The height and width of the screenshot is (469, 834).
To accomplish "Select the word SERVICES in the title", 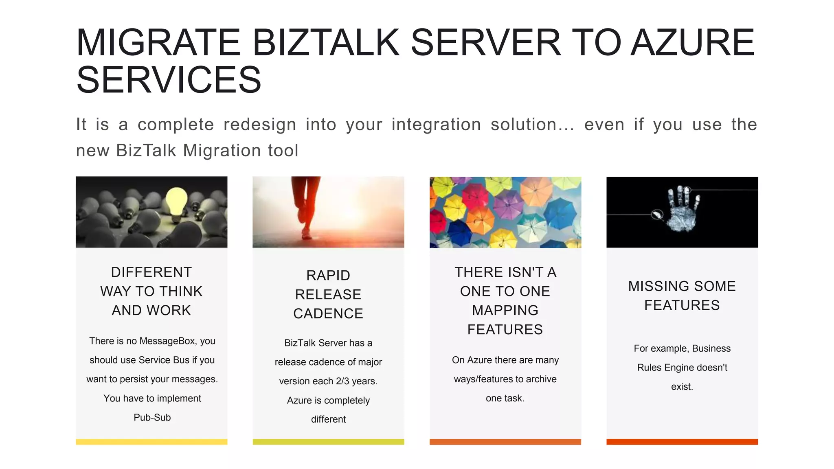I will click(169, 80).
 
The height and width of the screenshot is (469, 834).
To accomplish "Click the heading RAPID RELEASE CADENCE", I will click(328, 294).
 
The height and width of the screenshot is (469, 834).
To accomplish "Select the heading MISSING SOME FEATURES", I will click(682, 296).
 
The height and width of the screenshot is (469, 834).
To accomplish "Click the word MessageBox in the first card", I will click(168, 341).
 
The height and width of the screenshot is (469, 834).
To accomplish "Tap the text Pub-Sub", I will click(152, 417).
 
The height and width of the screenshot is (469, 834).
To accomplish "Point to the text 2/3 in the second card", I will click(342, 381).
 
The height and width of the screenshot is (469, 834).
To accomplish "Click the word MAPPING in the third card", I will click(505, 310).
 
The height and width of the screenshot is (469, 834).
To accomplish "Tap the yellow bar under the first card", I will click(151, 442).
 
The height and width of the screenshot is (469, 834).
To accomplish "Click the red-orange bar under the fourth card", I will click(682, 442).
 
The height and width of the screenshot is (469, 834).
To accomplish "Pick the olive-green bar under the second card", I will click(328, 442).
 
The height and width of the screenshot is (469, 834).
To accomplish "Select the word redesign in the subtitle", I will click(259, 125).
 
